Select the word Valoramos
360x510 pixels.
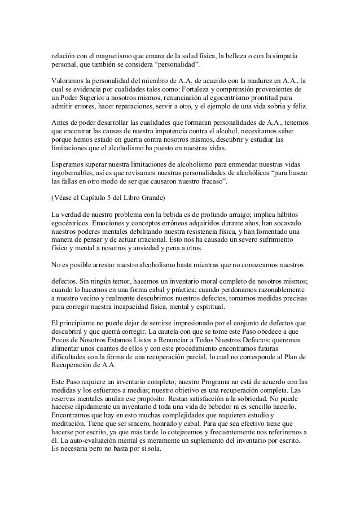click(67, 81)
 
